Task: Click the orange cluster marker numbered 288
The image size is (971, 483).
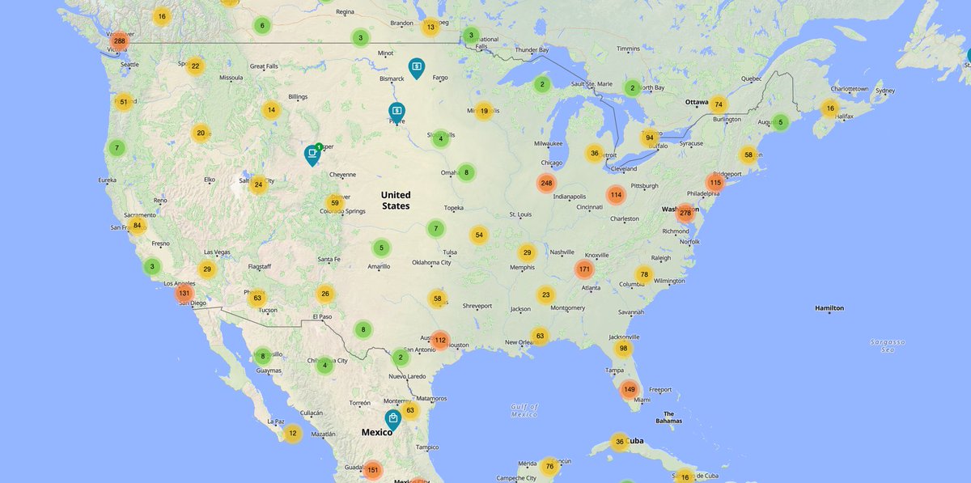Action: tap(120, 40)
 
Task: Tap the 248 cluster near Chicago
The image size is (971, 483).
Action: tap(546, 184)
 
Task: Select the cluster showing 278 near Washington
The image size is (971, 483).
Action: tap(685, 214)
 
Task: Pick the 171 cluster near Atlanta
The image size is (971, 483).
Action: tap(584, 269)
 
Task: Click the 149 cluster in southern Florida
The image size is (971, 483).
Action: tap(629, 390)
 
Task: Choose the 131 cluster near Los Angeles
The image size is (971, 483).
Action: tap(184, 294)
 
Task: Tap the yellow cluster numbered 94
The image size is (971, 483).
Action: tap(649, 138)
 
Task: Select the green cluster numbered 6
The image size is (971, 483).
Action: tap(261, 25)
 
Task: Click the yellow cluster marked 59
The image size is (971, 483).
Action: tap(334, 202)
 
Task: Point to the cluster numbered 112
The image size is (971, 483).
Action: tap(439, 341)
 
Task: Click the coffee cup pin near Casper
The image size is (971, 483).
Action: tap(312, 153)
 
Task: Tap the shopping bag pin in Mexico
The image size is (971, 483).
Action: tap(392, 419)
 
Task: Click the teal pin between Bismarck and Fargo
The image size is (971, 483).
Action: tap(416, 66)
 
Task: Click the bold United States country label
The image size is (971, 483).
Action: tap(396, 201)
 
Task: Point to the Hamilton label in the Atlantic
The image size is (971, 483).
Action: tap(829, 308)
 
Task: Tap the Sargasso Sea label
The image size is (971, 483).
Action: tap(887, 345)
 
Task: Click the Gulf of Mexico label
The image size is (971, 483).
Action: tap(524, 410)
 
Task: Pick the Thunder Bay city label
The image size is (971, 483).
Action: tap(532, 49)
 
